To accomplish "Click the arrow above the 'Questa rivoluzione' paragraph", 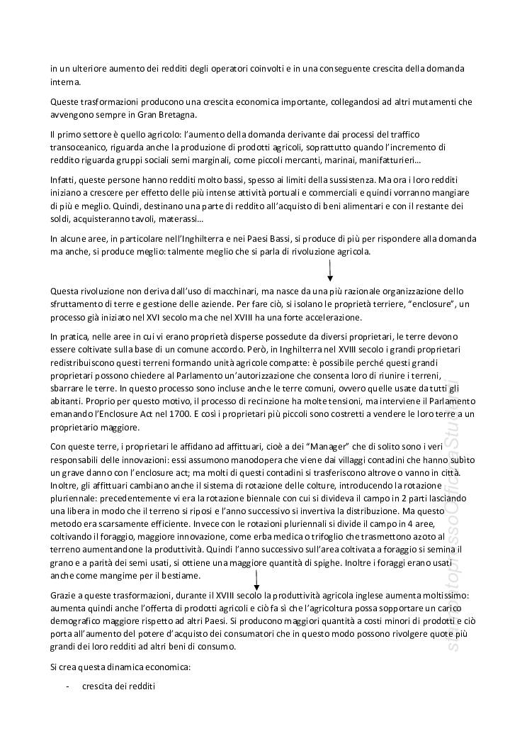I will click(330, 271).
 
